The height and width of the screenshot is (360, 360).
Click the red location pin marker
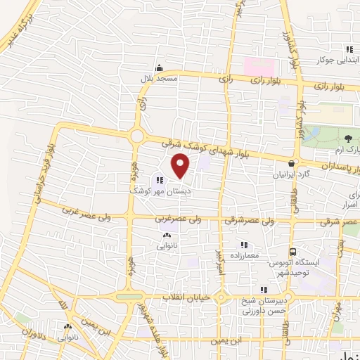pyautogui.click(x=181, y=165)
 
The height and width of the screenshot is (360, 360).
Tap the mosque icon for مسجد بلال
pyautogui.click(x=160, y=68)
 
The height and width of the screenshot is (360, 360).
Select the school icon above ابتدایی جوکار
pyautogui.click(x=349, y=49)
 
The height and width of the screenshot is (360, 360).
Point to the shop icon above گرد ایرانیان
pyautogui.click(x=291, y=164)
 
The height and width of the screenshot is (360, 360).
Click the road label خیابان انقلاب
pyautogui.click(x=186, y=297)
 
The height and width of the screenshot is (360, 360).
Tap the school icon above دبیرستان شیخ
pyautogui.click(x=263, y=289)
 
